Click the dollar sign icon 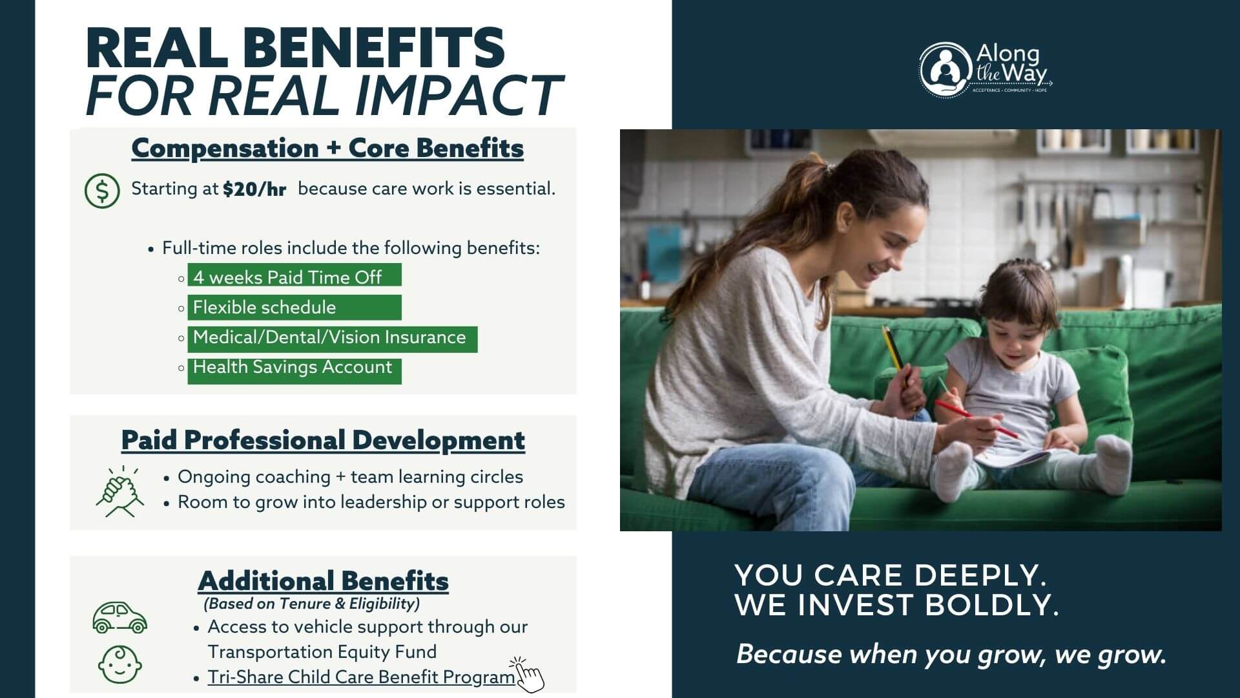pyautogui.click(x=102, y=191)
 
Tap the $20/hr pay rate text pyautogui.click(x=254, y=189)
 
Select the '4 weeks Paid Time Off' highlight pyautogui.click(x=294, y=275)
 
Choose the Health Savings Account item pyautogui.click(x=294, y=371)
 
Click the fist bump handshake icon pyautogui.click(x=120, y=492)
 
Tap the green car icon pyautogui.click(x=120, y=617)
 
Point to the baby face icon pyautogui.click(x=120, y=664)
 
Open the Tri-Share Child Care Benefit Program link pyautogui.click(x=361, y=677)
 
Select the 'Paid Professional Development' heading pyautogui.click(x=323, y=441)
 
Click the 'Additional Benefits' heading pyautogui.click(x=323, y=581)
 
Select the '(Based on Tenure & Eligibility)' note pyautogui.click(x=312, y=604)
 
